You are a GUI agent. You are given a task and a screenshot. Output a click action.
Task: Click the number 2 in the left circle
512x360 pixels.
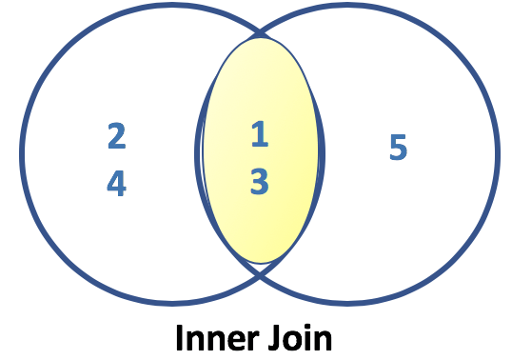point(116,136)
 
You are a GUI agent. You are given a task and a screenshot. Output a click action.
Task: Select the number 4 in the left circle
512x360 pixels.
point(116,183)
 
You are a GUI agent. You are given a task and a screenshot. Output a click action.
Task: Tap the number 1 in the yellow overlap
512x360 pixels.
point(260,135)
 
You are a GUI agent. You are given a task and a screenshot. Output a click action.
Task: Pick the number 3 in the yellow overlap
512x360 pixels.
point(260,182)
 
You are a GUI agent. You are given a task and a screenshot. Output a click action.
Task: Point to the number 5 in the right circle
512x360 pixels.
point(398,148)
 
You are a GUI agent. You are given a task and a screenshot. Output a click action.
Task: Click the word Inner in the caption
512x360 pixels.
point(210,338)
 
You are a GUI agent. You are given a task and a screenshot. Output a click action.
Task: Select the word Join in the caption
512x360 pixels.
point(298,338)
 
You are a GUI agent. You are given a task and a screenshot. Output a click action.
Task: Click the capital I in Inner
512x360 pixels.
point(178,338)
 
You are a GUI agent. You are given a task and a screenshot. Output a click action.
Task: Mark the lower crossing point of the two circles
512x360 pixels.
point(260,274)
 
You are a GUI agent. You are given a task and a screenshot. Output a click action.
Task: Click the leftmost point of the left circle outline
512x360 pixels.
point(21,155)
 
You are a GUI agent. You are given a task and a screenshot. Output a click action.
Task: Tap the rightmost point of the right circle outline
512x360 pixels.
point(497,155)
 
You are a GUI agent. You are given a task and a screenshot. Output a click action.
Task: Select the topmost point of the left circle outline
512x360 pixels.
point(171,7)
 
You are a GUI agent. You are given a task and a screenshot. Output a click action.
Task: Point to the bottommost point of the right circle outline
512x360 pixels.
point(348,303)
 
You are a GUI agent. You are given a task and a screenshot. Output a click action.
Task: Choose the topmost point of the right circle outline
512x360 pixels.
point(348,7)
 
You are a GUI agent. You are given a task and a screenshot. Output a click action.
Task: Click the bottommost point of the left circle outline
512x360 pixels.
point(171,303)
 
